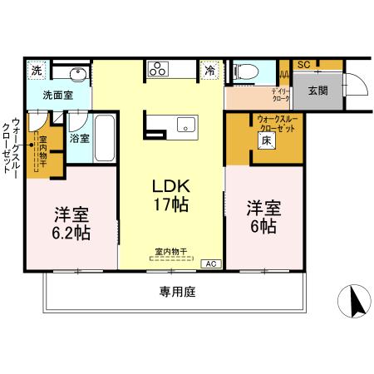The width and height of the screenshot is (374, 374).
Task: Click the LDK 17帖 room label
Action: click(170, 194)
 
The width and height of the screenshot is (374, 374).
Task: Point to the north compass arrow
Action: click(356, 301)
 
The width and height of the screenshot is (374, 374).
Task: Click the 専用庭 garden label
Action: click(177, 292)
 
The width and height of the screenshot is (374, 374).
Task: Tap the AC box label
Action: click(211, 263)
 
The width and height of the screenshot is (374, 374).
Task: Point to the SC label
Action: click(304, 64)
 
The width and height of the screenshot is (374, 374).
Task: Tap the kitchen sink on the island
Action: click(185, 125)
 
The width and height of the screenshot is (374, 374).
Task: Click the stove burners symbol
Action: click(158, 71)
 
